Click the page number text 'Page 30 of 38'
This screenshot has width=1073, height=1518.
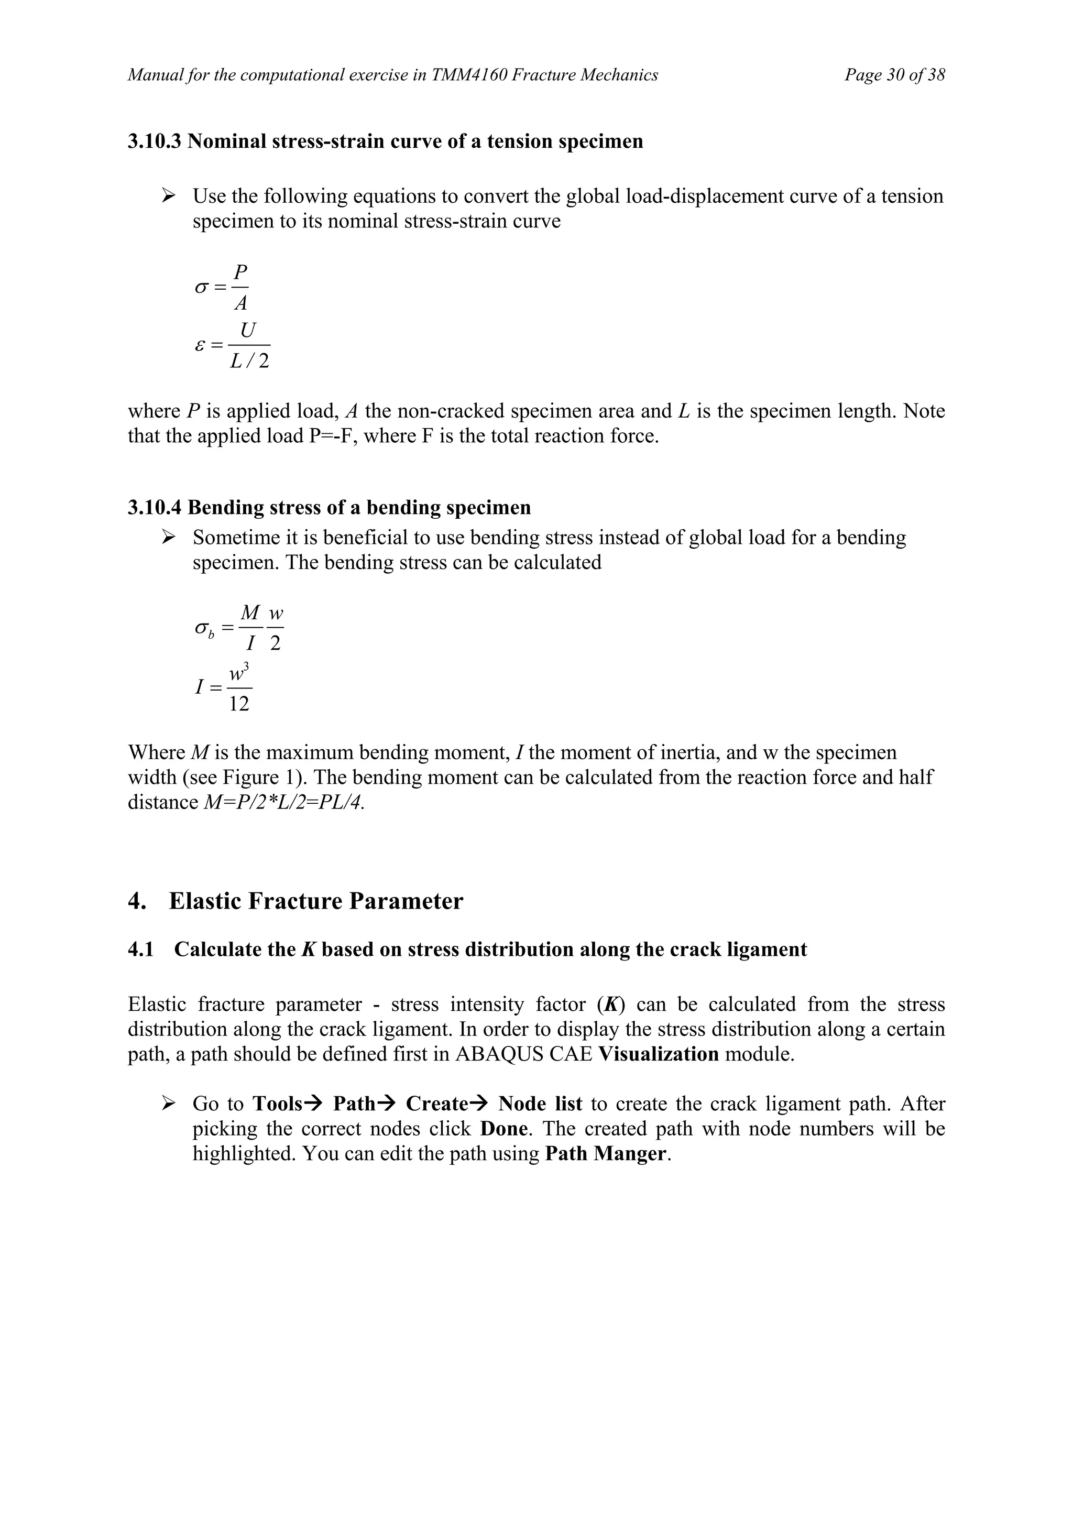pos(894,75)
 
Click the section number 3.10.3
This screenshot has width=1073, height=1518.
pos(154,141)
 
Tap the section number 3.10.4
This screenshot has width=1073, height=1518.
pos(154,508)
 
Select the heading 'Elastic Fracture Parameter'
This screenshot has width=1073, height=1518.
pos(316,901)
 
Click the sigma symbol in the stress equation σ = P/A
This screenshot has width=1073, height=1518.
pos(201,288)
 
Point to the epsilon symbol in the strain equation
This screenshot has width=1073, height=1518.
pos(200,345)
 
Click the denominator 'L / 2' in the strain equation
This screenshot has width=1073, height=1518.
pos(249,362)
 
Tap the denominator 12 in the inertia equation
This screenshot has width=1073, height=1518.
pos(239,705)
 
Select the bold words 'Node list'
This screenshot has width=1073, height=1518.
pos(540,1104)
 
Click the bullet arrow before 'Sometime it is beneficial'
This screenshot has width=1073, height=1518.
pos(169,538)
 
